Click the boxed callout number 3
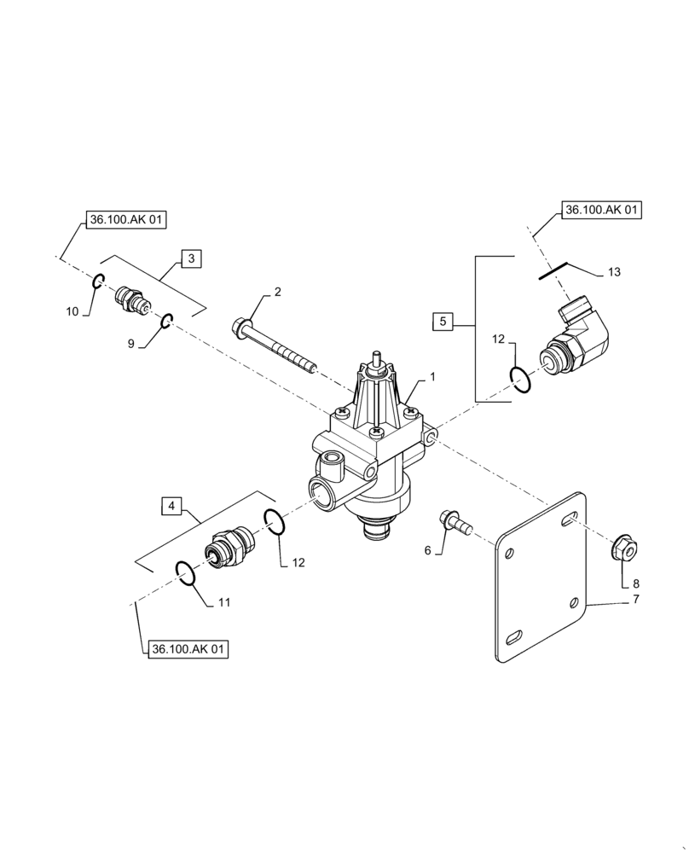pyautogui.click(x=191, y=258)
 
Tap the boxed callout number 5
pyautogui.click(x=443, y=322)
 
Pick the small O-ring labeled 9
pyautogui.click(x=168, y=321)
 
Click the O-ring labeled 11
pyautogui.click(x=185, y=572)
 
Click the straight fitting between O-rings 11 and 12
pyautogui.click(x=229, y=547)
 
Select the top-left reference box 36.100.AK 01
pyautogui.click(x=126, y=220)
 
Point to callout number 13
pyautogui.click(x=614, y=272)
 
